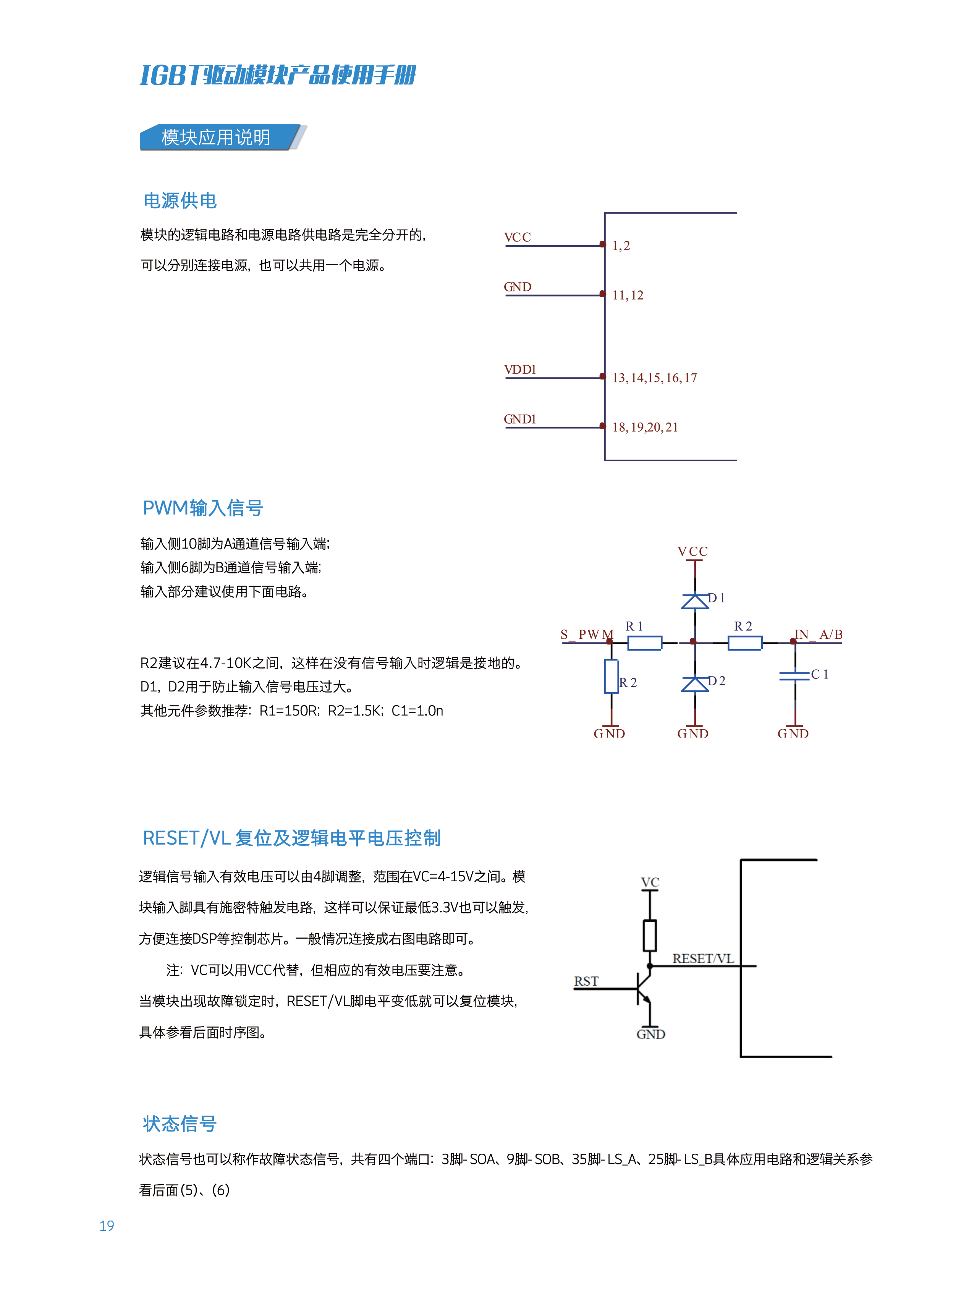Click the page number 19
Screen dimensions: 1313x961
[107, 1226]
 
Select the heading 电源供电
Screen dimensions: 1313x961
[180, 201]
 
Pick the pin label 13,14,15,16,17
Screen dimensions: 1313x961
[654, 378]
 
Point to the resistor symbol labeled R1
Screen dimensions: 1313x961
[644, 643]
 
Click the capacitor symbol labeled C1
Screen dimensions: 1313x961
[794, 675]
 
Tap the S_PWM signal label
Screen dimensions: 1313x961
[586, 634]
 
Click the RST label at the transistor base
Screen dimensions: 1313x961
[586, 981]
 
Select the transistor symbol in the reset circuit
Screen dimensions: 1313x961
[643, 989]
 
